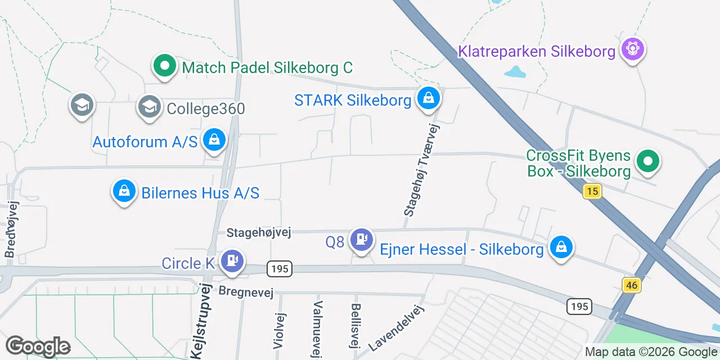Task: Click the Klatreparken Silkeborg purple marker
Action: pos(633,49)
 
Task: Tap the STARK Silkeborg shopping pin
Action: pos(429,99)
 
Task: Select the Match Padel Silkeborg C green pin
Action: pos(165,66)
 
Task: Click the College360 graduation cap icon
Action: pos(150,106)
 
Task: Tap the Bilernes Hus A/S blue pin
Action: pos(124,191)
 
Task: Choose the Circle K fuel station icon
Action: pos(232,262)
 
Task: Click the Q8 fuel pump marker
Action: pos(361,240)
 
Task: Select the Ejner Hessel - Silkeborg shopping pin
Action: pos(561,247)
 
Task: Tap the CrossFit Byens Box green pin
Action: pos(647,161)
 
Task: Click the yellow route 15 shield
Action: pos(592,191)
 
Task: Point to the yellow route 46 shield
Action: pos(632,285)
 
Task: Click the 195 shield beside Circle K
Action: pos(280,269)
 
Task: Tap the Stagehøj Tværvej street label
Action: pos(421,170)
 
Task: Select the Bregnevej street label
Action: pos(246,291)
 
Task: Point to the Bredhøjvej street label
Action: pos(11,229)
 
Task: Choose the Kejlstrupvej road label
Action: pos(200,322)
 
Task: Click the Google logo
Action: pos(37,346)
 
